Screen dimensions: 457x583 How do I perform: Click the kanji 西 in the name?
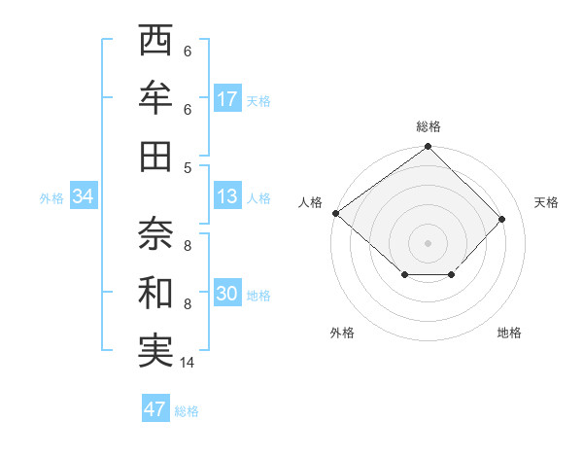(156, 42)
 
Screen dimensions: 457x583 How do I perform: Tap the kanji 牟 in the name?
(156, 98)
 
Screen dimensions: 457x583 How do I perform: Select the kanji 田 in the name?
(156, 156)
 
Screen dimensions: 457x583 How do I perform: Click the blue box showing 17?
(227, 98)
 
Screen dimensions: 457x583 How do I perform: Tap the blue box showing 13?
(227, 197)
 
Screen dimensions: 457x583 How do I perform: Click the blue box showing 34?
(84, 197)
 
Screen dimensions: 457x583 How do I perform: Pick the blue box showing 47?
(155, 409)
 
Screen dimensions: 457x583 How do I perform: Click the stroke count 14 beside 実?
(188, 364)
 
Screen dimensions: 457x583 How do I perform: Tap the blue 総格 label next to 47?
(187, 411)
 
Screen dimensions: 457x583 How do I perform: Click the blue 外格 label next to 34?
(51, 198)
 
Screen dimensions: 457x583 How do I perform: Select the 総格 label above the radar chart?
(429, 126)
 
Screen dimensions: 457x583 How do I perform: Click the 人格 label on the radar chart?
(311, 202)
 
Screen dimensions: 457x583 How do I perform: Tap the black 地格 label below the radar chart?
(509, 333)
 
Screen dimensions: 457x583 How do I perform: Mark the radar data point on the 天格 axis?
(502, 219)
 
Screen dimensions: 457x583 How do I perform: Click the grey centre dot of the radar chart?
(428, 242)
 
